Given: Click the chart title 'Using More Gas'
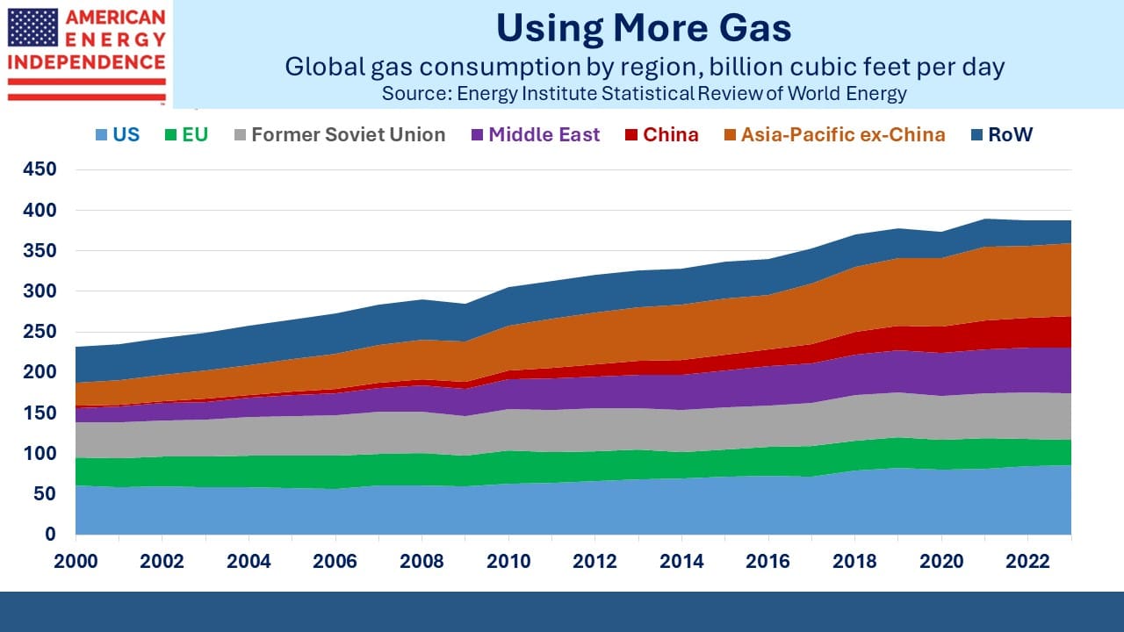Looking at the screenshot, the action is (644, 28).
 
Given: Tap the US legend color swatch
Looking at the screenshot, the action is (101, 135).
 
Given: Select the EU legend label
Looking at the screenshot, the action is (195, 134).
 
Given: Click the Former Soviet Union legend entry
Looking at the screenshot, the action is (340, 134).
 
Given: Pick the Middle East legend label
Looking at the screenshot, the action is (544, 134).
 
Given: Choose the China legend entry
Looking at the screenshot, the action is (662, 134).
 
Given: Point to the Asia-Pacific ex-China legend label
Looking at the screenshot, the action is (843, 134).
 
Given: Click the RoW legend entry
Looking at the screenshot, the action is (1002, 134).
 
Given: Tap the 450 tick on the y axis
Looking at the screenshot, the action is (40, 169).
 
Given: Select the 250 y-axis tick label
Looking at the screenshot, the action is (40, 332).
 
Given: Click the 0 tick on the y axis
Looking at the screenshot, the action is (50, 535).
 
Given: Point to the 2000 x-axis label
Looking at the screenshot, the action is (76, 561).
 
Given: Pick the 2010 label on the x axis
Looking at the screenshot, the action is (508, 561).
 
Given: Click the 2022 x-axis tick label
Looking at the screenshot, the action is (1027, 561).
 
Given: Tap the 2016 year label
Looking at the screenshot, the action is (767, 561).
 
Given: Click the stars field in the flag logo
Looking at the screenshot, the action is (32, 27).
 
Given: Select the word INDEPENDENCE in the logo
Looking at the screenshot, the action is (86, 62).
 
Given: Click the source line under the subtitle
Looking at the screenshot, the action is (645, 93).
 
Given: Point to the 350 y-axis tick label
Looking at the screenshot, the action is (40, 250).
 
